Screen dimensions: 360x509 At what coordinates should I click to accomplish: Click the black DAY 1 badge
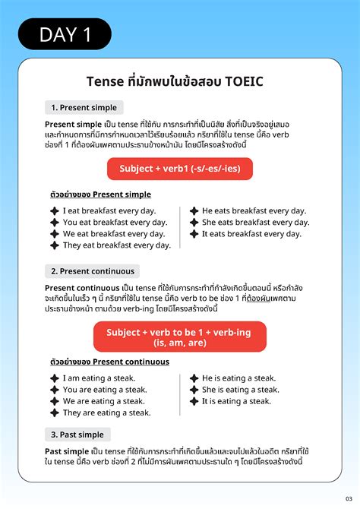click(x=65, y=34)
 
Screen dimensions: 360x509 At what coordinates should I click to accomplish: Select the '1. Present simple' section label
click(x=84, y=107)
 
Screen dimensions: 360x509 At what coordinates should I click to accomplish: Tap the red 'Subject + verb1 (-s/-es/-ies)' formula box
click(x=179, y=169)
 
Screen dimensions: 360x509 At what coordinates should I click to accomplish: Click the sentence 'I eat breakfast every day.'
click(x=109, y=210)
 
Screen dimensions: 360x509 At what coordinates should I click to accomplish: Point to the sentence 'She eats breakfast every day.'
click(x=255, y=223)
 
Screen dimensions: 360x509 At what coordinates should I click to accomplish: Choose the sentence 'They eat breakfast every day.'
click(x=116, y=245)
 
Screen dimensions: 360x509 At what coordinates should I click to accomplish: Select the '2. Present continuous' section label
click(x=92, y=271)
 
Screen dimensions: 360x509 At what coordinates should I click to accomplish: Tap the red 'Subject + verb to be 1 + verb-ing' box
click(x=179, y=337)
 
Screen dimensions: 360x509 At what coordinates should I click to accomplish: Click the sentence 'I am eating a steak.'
click(x=99, y=378)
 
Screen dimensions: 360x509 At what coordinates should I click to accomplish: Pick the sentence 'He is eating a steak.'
click(x=238, y=378)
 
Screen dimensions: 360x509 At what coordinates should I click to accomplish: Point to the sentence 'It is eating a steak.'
click(x=236, y=401)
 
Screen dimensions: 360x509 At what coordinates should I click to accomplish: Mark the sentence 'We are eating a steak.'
click(x=103, y=401)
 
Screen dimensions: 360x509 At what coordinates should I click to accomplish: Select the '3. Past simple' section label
click(x=77, y=435)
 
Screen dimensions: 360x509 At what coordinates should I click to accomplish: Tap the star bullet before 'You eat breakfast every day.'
click(x=55, y=223)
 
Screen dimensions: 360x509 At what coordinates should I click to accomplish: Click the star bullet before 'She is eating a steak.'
click(x=194, y=390)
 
